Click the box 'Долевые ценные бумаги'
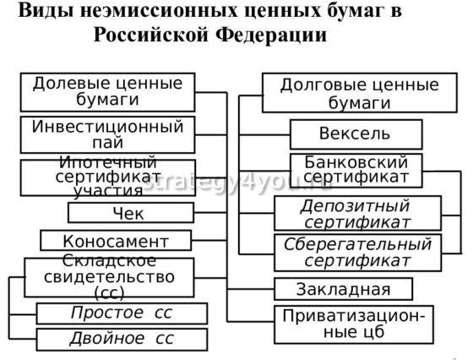click(107, 92)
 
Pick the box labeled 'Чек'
click(129, 213)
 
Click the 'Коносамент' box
click(116, 241)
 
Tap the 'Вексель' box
click(355, 134)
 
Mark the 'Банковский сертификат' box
click(356, 170)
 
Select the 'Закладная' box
click(343, 289)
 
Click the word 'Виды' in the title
click(43, 12)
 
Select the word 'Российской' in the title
click(155, 36)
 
